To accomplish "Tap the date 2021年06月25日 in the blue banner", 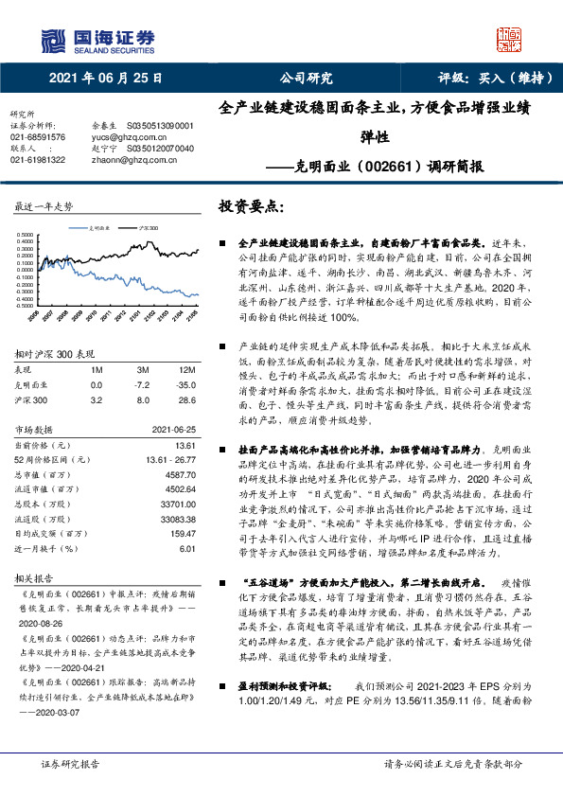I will click(x=105, y=77).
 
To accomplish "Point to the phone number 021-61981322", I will click(x=38, y=160).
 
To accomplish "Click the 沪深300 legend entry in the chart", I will click(x=148, y=228).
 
